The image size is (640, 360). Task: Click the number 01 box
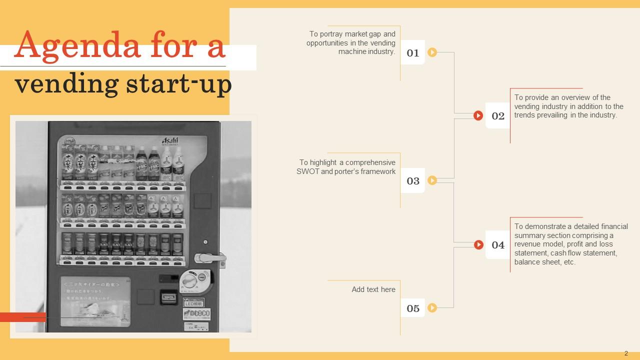pos(412,52)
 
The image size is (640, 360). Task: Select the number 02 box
pos(498,116)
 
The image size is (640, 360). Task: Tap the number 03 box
pos(412,180)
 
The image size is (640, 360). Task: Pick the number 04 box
pos(498,244)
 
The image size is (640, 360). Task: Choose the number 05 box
pos(412,308)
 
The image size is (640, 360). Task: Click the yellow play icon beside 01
pos(432,52)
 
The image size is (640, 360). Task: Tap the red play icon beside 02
pos(478,116)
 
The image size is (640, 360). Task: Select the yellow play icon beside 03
pos(432,180)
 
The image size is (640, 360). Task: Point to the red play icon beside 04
pos(478,244)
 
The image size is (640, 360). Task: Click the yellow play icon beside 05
pos(432,308)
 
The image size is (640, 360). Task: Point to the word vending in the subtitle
pos(65,84)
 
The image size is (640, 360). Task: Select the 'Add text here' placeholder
pos(373,289)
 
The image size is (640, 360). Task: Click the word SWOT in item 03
pos(307,171)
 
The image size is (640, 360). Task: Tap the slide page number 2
pos(626,353)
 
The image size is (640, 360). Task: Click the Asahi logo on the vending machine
pos(170,141)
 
